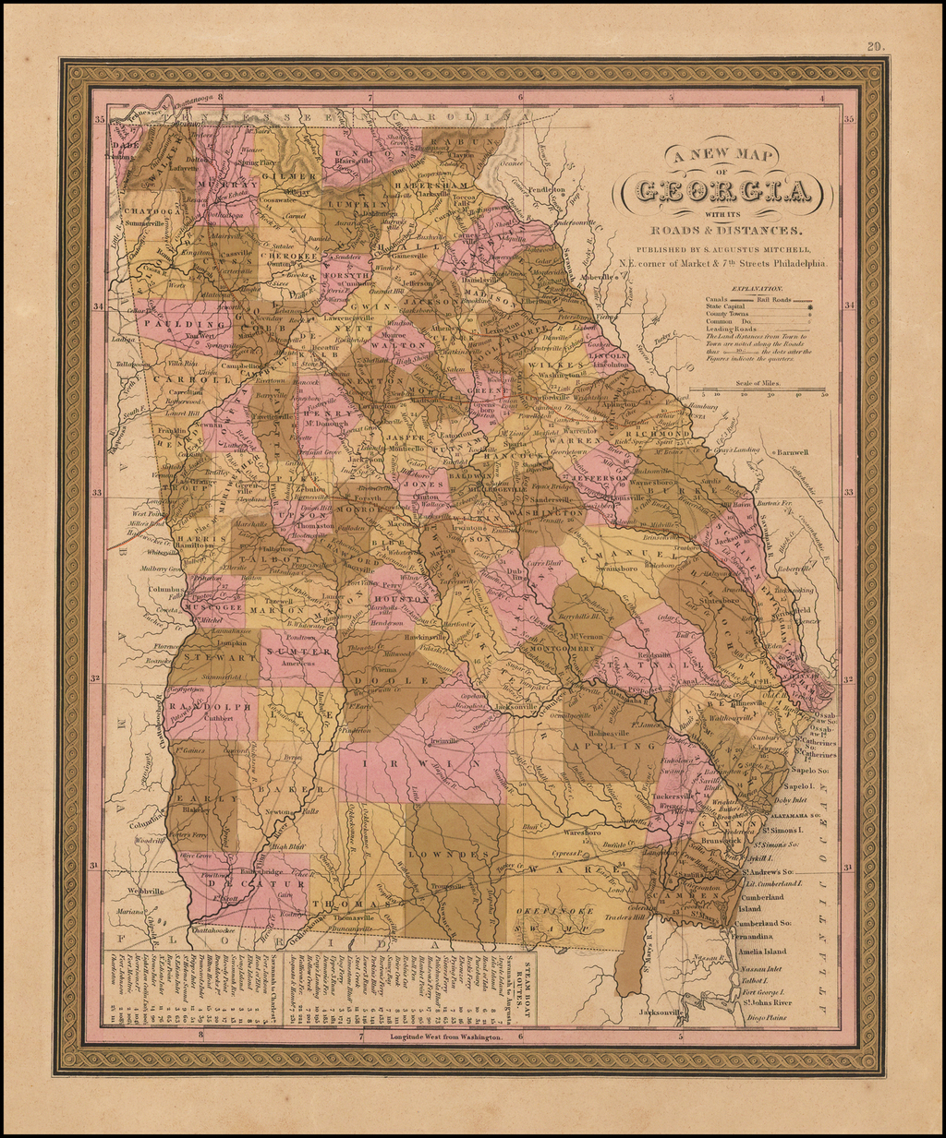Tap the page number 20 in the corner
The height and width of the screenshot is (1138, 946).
click(875, 46)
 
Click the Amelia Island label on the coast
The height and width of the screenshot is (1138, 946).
click(761, 952)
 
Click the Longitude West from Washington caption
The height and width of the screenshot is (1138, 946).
click(441, 1037)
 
